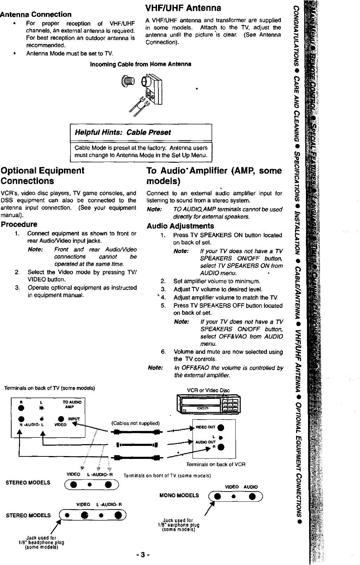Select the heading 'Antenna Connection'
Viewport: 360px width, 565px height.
pyautogui.click(x=36, y=14)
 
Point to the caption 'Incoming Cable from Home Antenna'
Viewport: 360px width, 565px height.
pyautogui.click(x=140, y=64)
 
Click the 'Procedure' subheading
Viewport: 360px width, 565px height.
pyautogui.click(x=19, y=225)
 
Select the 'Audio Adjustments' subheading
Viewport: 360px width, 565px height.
pyautogui.click(x=180, y=226)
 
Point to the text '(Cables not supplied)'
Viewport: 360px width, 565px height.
pyautogui.click(x=135, y=423)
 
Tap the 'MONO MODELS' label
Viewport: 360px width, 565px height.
pyautogui.click(x=179, y=496)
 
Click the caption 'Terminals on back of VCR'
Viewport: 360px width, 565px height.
pyautogui.click(x=215, y=464)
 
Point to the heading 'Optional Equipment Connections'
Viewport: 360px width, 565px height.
pyautogui.click(x=42, y=176)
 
